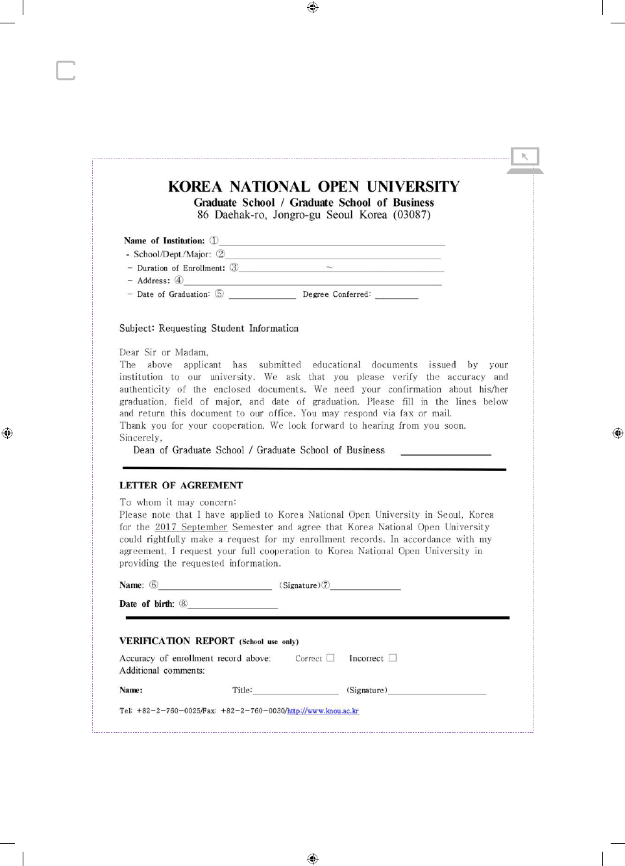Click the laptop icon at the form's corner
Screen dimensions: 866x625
click(x=525, y=160)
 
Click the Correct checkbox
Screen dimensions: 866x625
click(x=330, y=658)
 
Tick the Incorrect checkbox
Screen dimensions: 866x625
click(x=393, y=658)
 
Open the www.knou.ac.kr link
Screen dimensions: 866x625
click(x=323, y=711)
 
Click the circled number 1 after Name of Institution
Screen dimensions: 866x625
click(x=214, y=240)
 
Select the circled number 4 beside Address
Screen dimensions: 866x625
click(x=178, y=281)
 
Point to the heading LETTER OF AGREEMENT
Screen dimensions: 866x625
click(x=181, y=485)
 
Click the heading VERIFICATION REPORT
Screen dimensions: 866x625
click(x=177, y=641)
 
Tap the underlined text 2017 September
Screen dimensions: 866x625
click(x=191, y=527)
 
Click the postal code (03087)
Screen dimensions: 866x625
click(x=411, y=215)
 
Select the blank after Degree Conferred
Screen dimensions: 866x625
click(x=397, y=295)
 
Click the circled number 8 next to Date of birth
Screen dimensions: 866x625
click(x=183, y=604)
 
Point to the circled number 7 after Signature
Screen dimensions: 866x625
click(x=326, y=585)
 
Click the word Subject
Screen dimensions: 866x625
click(x=136, y=329)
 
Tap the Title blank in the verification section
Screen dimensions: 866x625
click(x=296, y=691)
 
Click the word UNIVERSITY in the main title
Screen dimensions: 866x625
click(x=413, y=187)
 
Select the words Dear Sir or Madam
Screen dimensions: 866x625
click(x=164, y=353)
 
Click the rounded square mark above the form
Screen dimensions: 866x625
click(x=66, y=70)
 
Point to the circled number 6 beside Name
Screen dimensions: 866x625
click(x=154, y=585)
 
